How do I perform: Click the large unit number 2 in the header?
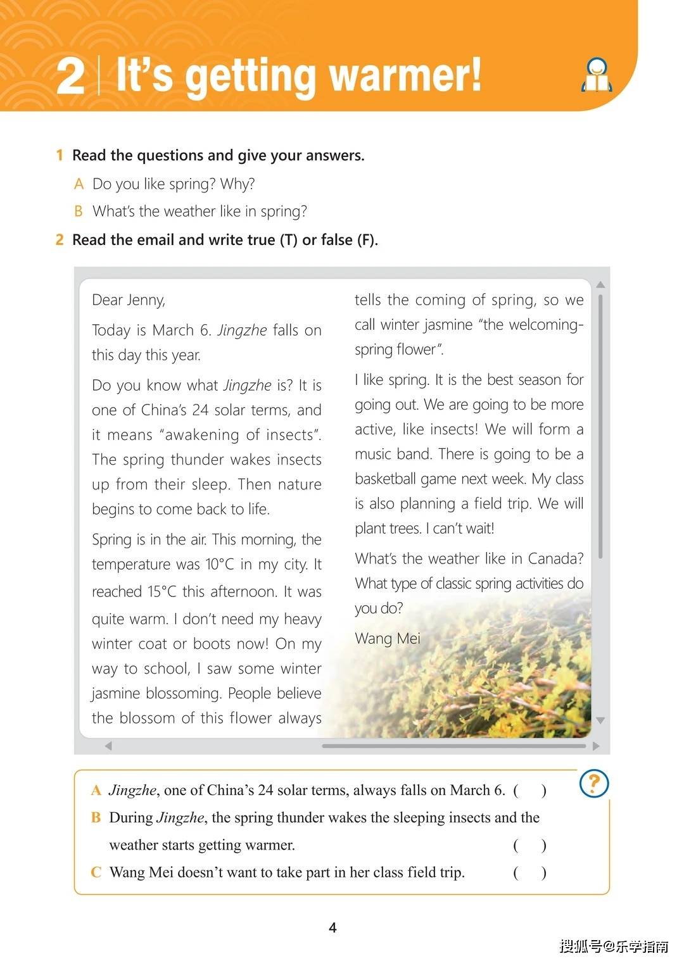click(70, 77)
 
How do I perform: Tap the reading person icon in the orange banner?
click(597, 75)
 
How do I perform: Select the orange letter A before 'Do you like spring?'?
click(79, 184)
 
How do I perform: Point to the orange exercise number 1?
click(60, 155)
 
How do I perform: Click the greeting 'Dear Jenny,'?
click(129, 299)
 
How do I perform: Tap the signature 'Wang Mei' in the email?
click(387, 638)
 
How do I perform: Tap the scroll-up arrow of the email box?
click(600, 286)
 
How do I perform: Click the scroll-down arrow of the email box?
click(600, 720)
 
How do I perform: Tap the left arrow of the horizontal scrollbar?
click(108, 746)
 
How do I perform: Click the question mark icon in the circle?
click(594, 784)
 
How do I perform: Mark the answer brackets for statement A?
click(529, 790)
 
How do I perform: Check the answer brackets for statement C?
click(529, 872)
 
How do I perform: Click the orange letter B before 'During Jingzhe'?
click(96, 817)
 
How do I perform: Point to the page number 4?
click(332, 927)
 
